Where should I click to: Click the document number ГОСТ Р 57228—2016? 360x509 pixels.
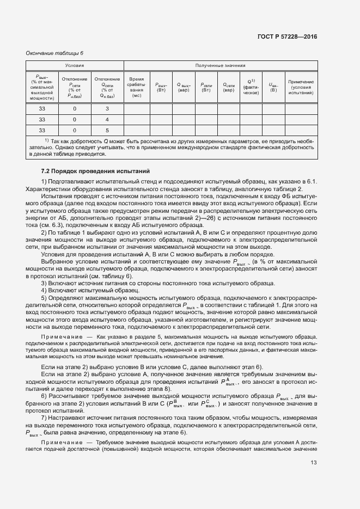pyautogui.click(x=286, y=37)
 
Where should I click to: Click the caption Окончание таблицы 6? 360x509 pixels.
pyautogui.click(x=55, y=53)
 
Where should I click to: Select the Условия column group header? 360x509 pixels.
pyautogui.click(x=75, y=65)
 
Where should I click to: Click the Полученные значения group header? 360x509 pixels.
pyautogui.click(x=220, y=65)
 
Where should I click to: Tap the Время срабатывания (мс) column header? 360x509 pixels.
pyautogui.click(x=136, y=87)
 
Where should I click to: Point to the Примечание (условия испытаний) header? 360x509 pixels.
pyautogui.click(x=301, y=87)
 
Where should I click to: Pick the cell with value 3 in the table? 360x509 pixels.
pyautogui.click(x=107, y=108)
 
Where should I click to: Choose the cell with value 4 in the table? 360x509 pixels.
pyautogui.click(x=107, y=119)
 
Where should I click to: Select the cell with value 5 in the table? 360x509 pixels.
pyautogui.click(x=107, y=130)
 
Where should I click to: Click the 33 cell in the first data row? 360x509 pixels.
pyautogui.click(x=42, y=108)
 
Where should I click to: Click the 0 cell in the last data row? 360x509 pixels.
pyautogui.click(x=75, y=130)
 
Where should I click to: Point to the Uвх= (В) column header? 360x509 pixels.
pyautogui.click(x=273, y=87)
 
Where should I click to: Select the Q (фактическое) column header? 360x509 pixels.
pyautogui.click(x=251, y=87)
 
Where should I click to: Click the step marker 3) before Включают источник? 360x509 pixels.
pyautogui.click(x=45, y=284)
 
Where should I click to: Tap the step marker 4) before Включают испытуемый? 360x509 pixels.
pyautogui.click(x=45, y=291)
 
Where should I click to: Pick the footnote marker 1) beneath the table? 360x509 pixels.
pyautogui.click(x=47, y=140)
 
